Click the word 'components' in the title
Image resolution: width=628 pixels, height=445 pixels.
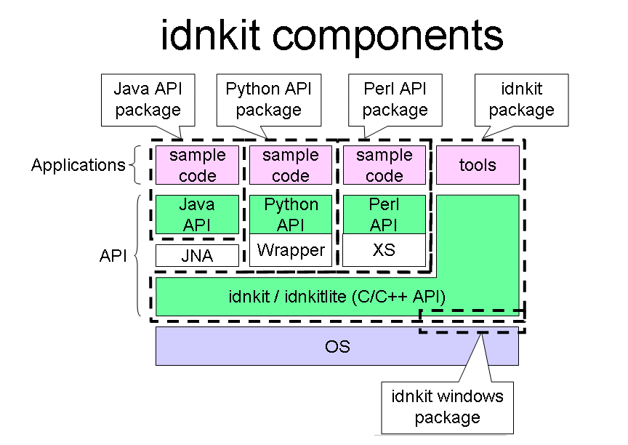coord(387,36)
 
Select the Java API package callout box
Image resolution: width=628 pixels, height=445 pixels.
coord(148,100)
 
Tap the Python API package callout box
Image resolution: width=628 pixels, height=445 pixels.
coord(269,100)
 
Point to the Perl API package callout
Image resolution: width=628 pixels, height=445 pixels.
coord(395,100)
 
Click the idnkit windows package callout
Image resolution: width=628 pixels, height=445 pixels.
coord(447,408)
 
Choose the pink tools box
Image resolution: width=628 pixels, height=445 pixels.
coord(478,165)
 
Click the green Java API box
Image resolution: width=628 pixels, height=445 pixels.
coord(197,215)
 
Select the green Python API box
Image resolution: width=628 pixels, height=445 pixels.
coord(291,215)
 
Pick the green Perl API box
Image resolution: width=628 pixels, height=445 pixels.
coord(385,215)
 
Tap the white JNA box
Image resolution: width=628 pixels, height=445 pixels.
coord(197,255)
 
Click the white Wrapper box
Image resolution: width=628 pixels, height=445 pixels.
coord(291,250)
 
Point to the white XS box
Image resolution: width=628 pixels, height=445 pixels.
coord(385,250)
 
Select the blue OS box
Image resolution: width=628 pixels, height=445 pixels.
coord(337,346)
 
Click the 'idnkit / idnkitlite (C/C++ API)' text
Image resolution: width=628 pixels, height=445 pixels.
coord(337,297)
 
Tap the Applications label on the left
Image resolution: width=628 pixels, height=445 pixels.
coord(78,165)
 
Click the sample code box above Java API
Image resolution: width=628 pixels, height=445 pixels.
coord(197,165)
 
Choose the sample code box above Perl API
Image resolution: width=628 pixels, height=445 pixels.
coord(385,165)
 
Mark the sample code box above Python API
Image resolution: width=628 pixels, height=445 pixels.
coord(291,165)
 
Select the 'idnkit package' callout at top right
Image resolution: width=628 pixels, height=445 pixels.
coord(521,100)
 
